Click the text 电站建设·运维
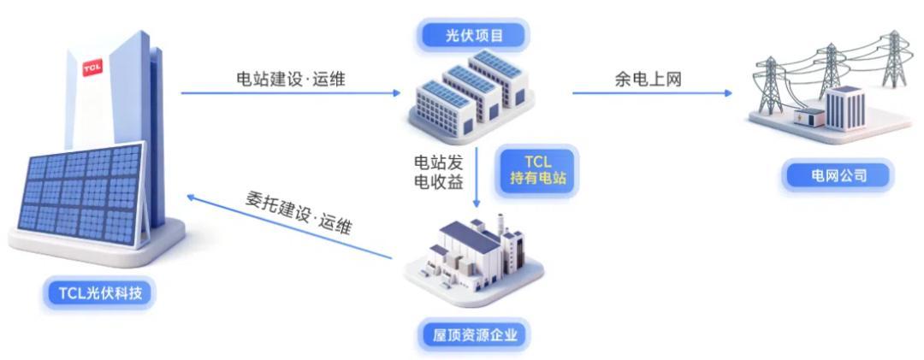pyautogui.click(x=291, y=79)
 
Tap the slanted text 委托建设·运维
pyautogui.click(x=296, y=214)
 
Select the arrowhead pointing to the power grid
pyautogui.click(x=728, y=92)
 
